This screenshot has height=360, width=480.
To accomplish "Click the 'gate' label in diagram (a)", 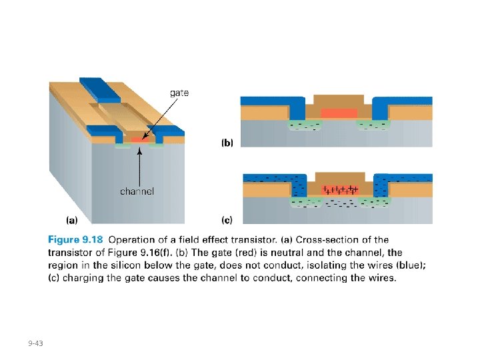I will point(179,93).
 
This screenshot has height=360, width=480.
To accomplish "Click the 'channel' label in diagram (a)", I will point(137,191).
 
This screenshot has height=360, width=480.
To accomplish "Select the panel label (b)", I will point(227,142).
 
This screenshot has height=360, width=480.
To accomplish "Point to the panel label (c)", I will point(227,219).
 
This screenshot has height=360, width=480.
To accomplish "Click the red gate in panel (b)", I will point(339,113).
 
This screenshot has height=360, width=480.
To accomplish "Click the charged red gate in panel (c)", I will point(340,190).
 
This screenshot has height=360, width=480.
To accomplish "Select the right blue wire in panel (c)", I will point(403,179).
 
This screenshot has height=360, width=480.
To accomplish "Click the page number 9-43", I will point(35,343).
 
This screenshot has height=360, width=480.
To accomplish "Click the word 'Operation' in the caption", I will point(133,240).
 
